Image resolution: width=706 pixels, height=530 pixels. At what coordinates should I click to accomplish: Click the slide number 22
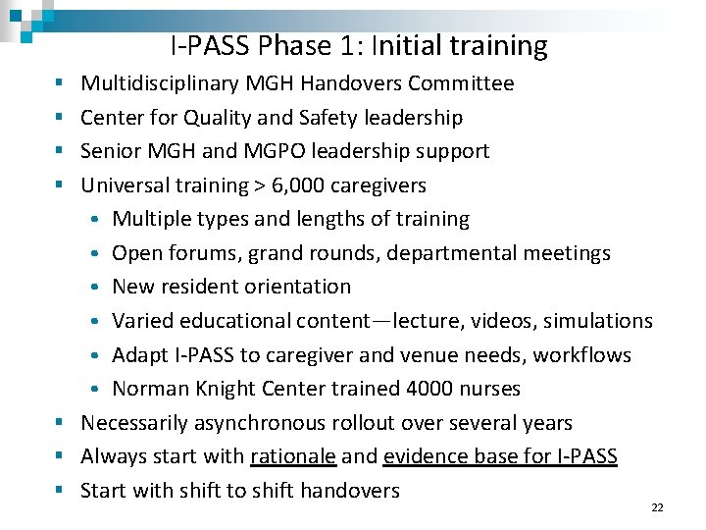[657, 507]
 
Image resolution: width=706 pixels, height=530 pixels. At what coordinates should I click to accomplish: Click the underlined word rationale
[293, 456]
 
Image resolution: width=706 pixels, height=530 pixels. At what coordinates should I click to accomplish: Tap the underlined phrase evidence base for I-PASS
[500, 456]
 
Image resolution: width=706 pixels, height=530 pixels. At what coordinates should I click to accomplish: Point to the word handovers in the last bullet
[350, 490]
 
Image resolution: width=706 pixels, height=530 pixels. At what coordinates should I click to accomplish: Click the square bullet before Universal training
[61, 185]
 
